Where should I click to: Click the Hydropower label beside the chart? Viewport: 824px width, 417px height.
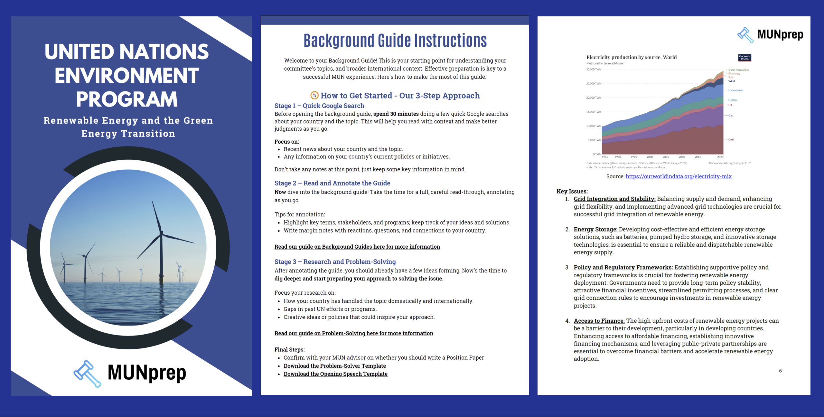click(x=735, y=90)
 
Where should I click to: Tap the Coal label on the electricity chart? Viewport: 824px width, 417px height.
click(x=731, y=139)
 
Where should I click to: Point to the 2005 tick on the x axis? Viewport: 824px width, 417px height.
click(x=666, y=157)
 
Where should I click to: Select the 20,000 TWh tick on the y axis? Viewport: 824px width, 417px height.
click(x=593, y=98)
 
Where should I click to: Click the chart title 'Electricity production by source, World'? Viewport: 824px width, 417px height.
click(x=631, y=57)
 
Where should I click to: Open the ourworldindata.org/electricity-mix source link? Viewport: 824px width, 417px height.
click(x=679, y=176)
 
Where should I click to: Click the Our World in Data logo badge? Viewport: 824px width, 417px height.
click(x=744, y=58)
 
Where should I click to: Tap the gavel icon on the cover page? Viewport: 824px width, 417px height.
click(x=87, y=374)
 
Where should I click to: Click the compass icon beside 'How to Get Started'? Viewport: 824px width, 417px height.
click(x=314, y=95)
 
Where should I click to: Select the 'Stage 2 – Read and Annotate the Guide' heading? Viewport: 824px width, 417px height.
click(x=332, y=183)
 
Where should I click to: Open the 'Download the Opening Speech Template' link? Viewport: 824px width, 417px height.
click(x=335, y=374)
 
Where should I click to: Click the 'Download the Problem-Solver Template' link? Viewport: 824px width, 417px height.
click(x=334, y=366)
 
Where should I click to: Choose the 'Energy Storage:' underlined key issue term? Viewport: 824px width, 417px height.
click(x=595, y=229)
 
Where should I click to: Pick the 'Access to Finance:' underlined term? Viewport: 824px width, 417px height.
click(x=599, y=321)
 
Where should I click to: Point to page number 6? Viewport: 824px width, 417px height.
click(x=780, y=371)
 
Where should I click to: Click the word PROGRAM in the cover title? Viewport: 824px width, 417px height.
click(x=127, y=99)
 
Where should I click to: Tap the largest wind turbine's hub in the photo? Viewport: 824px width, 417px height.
click(x=161, y=233)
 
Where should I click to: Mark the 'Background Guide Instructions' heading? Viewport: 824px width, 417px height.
click(x=395, y=41)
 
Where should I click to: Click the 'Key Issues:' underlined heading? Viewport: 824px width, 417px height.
click(x=572, y=191)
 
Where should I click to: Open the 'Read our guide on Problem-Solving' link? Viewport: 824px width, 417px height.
click(x=353, y=333)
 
